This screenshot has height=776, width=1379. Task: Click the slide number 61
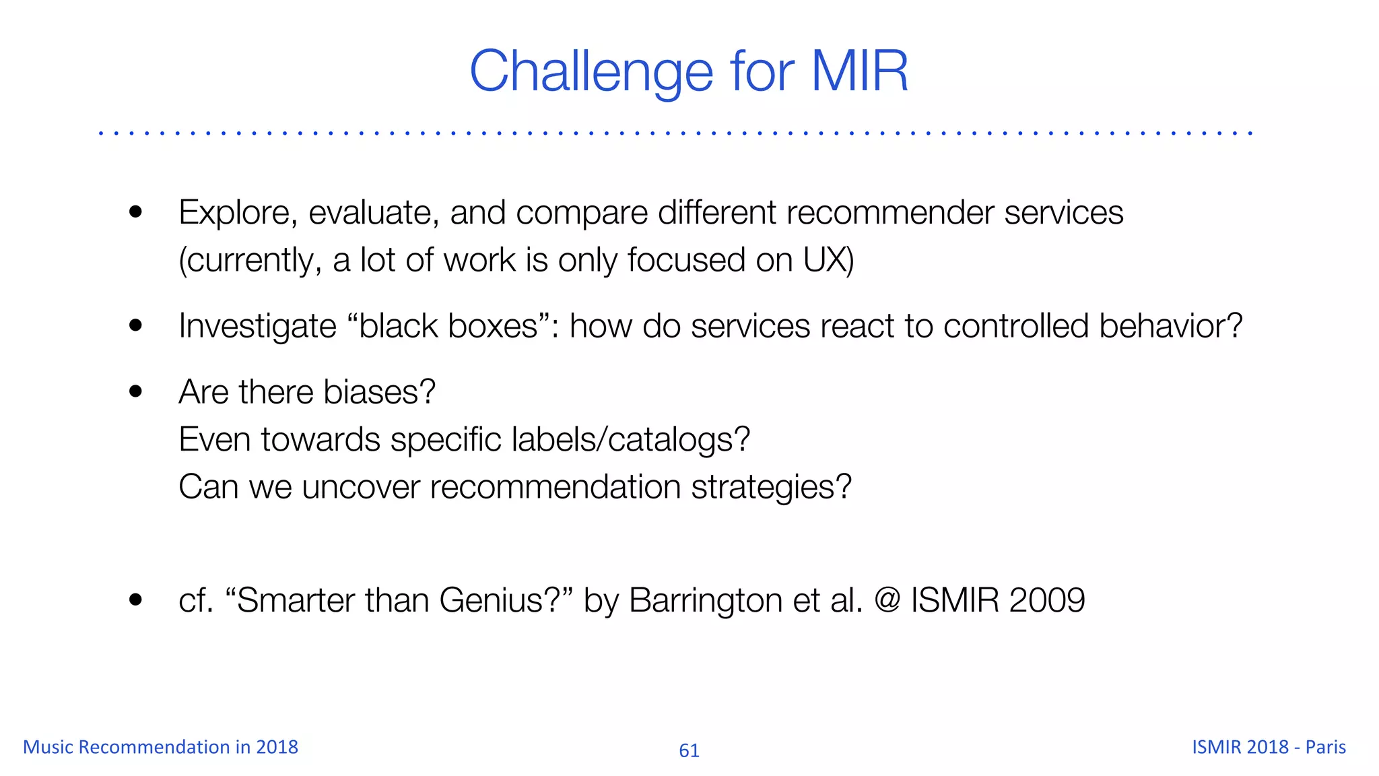pyautogui.click(x=689, y=750)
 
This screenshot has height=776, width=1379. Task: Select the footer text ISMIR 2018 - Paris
pyautogui.click(x=1269, y=747)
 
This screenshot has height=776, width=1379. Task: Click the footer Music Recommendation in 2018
pyautogui.click(x=160, y=747)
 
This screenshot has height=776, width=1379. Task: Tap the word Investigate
pyautogui.click(x=257, y=327)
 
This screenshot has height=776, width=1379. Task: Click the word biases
pyautogui.click(x=378, y=392)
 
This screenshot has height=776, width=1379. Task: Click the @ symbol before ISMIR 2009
pyautogui.click(x=887, y=599)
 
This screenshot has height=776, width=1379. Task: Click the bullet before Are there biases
pyautogui.click(x=135, y=391)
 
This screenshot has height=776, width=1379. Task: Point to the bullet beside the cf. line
pyautogui.click(x=135, y=600)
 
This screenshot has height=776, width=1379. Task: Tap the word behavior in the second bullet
pyautogui.click(x=1170, y=326)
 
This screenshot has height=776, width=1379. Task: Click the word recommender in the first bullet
pyautogui.click(x=890, y=213)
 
